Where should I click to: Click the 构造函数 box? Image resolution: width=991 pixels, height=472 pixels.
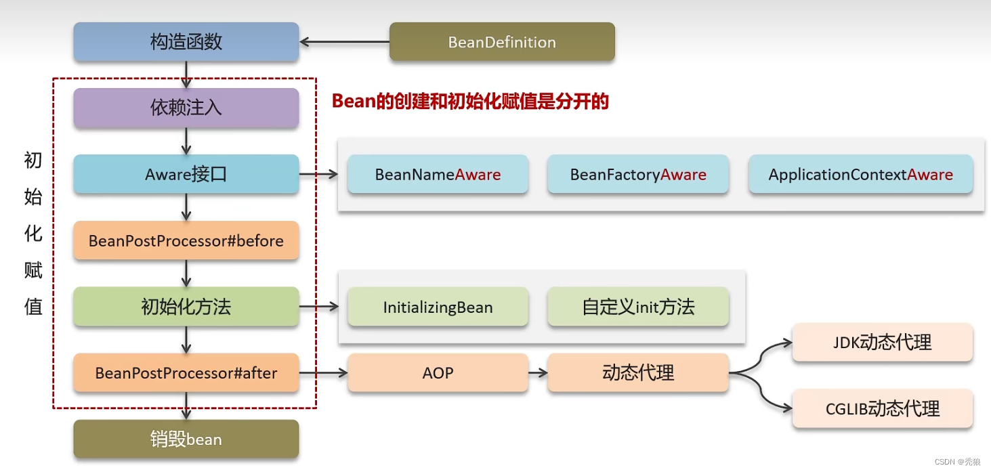point(186,42)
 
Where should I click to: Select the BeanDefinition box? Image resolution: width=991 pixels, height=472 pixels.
point(502,42)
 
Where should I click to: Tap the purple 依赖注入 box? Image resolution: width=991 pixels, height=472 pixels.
point(186,108)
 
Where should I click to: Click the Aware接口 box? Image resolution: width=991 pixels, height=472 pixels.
point(186,175)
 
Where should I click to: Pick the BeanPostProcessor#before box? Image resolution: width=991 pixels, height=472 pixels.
point(186,240)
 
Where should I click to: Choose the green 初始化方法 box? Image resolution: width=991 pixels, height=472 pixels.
point(186,307)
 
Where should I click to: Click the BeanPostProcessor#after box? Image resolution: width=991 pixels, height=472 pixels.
point(186,373)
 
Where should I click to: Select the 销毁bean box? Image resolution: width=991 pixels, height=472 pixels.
point(186,439)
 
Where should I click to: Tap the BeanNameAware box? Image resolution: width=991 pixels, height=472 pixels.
point(438,175)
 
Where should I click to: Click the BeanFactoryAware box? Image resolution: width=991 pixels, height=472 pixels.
point(638,175)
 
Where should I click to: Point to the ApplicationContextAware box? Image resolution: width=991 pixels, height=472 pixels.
point(860,175)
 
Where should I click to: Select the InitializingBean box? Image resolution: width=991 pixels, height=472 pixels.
point(438,307)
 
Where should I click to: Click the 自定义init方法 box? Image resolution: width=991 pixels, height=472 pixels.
point(638,307)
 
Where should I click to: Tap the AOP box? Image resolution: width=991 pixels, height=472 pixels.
point(438,372)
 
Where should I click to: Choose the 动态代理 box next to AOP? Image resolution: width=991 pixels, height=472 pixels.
point(638,372)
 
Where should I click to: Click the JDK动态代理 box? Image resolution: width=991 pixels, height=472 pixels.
point(882,343)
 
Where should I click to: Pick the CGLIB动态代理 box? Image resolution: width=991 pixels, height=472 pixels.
point(882,409)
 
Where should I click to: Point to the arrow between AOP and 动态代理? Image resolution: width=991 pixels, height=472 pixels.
point(538,372)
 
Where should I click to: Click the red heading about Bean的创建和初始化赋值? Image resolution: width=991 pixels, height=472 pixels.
point(470,102)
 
